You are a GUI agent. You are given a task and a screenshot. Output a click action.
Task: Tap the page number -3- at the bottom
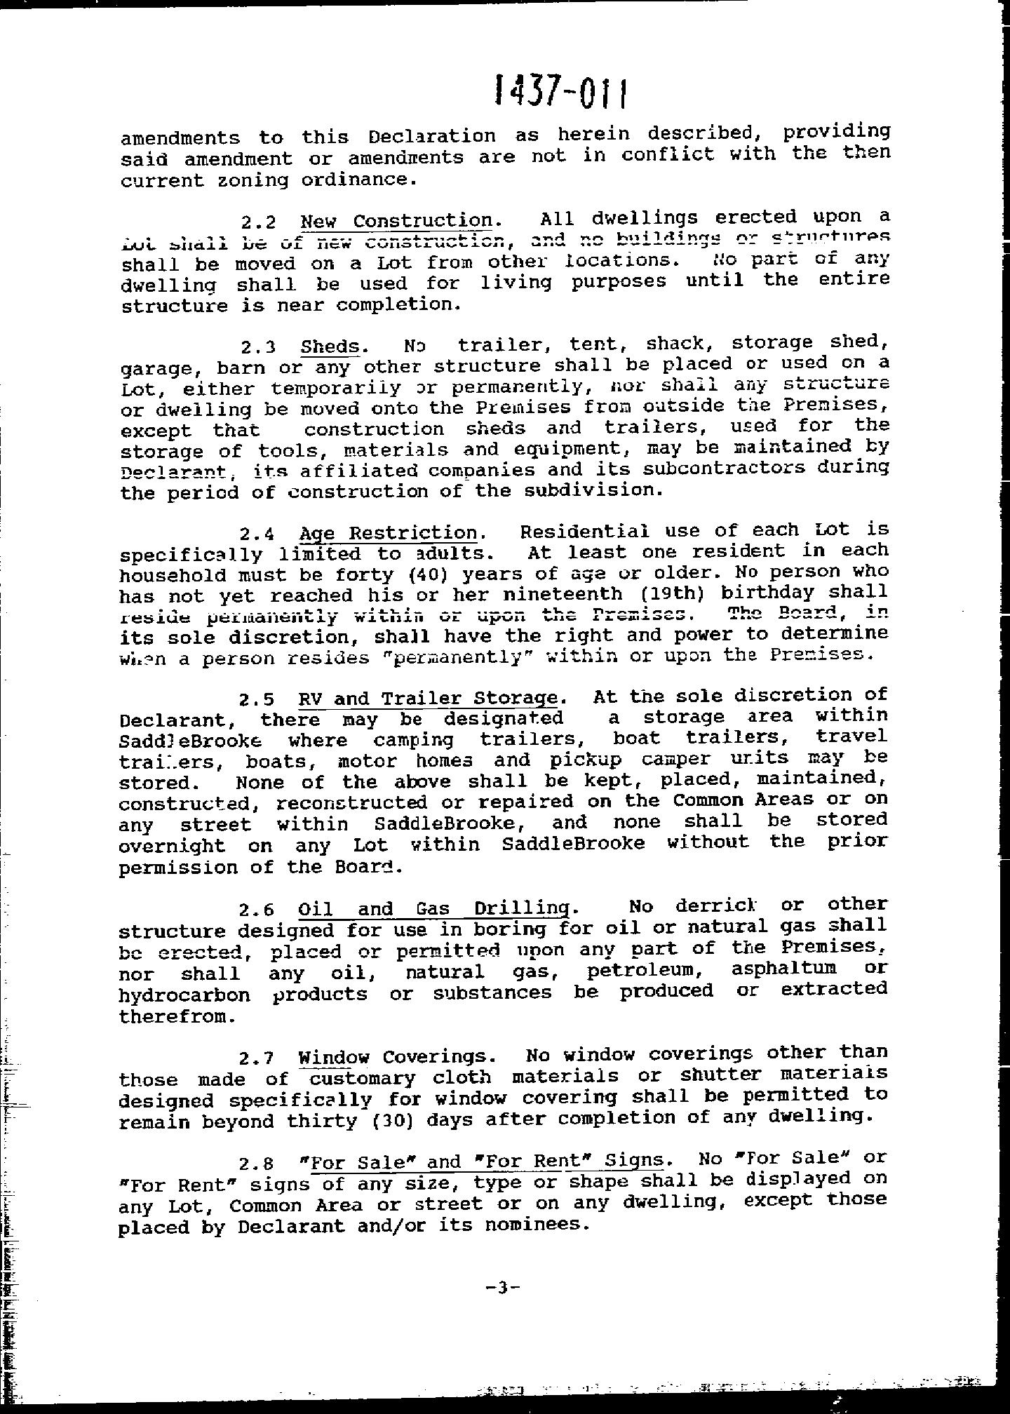click(x=500, y=1286)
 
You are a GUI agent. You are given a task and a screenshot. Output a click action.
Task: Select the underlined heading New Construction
click(x=397, y=220)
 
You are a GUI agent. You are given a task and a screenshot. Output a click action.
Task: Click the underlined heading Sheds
click(x=330, y=346)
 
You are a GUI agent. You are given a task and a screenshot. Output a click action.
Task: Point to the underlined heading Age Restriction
click(x=388, y=534)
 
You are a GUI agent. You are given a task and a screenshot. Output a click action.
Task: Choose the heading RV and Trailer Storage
click(x=429, y=699)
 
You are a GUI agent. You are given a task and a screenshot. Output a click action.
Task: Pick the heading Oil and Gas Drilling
click(x=434, y=908)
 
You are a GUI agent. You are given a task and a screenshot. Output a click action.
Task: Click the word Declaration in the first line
click(x=431, y=135)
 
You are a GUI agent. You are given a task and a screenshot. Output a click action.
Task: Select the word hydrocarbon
click(x=184, y=995)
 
